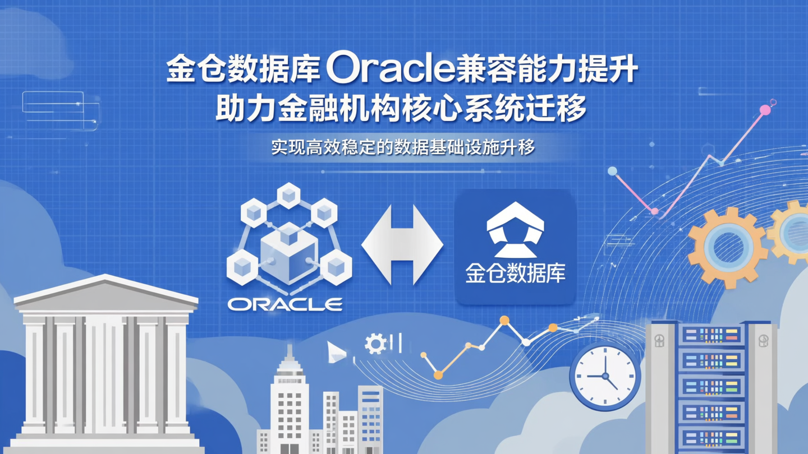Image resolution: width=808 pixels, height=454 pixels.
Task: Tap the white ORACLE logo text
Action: point(285,304)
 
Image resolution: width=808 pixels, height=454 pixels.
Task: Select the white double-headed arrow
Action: point(402,244)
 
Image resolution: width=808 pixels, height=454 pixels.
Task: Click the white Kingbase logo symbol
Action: point(515,230)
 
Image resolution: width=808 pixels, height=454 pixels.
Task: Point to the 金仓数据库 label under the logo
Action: point(515,274)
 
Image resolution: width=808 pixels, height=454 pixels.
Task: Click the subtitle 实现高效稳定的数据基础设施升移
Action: point(403,147)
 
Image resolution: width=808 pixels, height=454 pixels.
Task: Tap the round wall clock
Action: point(605,376)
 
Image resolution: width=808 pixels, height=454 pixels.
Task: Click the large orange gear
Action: point(727,247)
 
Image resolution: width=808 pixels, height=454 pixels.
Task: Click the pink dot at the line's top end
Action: point(765,110)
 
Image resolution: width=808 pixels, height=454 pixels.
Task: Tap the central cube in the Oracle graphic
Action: point(289,249)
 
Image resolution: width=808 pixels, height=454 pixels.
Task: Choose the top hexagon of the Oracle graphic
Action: point(289,195)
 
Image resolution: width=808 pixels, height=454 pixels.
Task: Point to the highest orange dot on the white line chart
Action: point(504,321)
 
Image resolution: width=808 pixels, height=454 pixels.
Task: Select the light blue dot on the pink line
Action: point(613,171)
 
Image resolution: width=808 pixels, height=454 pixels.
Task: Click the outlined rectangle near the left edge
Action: point(53,103)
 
